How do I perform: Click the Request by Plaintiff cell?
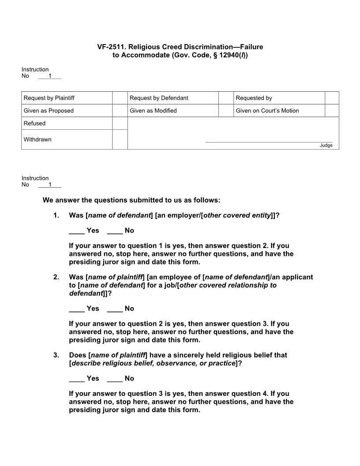[x=52, y=98]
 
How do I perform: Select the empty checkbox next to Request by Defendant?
[x=226, y=98]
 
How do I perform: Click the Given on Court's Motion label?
[x=267, y=111]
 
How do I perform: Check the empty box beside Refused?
[x=120, y=124]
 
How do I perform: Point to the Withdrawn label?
[x=37, y=139]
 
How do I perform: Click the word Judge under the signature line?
[x=326, y=146]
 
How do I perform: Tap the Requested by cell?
[x=254, y=98]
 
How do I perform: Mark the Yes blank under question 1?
[x=77, y=231]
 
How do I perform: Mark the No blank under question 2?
[x=115, y=309]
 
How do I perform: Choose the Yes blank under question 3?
[x=77, y=379]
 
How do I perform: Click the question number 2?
[x=56, y=277]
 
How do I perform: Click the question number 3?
[x=56, y=355]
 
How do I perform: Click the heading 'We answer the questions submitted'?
[x=131, y=200]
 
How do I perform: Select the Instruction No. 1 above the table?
[x=49, y=76]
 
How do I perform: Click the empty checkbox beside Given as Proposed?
[x=120, y=111]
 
